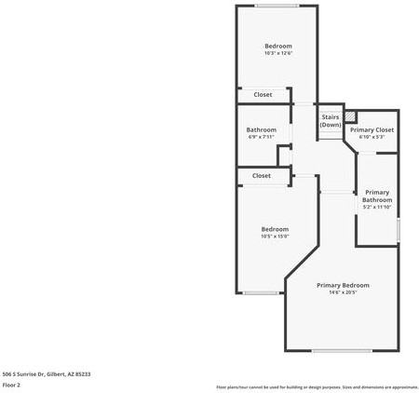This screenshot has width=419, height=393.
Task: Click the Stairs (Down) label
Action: coord(331,121)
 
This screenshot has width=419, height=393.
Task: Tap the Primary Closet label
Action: coord(372,129)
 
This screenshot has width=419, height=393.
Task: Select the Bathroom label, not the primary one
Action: coord(261,129)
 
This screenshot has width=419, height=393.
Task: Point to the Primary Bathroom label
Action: coord(377,196)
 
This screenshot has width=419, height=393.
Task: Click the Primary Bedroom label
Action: coord(343,285)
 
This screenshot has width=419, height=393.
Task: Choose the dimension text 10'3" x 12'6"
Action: coord(277,54)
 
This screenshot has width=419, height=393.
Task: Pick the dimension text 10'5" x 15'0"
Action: coord(275,237)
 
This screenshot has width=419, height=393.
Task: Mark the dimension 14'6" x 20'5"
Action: coord(343,293)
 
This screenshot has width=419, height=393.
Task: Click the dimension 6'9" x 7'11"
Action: coord(261,138)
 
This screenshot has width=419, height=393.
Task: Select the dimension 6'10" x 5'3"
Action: coord(372,138)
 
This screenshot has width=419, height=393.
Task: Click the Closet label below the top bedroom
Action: coord(264,94)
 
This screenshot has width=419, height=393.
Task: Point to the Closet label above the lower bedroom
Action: coord(262,175)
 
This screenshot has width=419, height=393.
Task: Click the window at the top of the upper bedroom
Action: coord(277,7)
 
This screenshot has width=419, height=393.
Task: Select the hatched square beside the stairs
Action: coord(350,116)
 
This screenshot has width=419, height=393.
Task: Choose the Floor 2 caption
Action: coord(11,385)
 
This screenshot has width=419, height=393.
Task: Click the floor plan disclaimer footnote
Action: coord(317,386)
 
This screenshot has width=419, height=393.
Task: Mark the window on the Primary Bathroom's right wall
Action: coord(398,228)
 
